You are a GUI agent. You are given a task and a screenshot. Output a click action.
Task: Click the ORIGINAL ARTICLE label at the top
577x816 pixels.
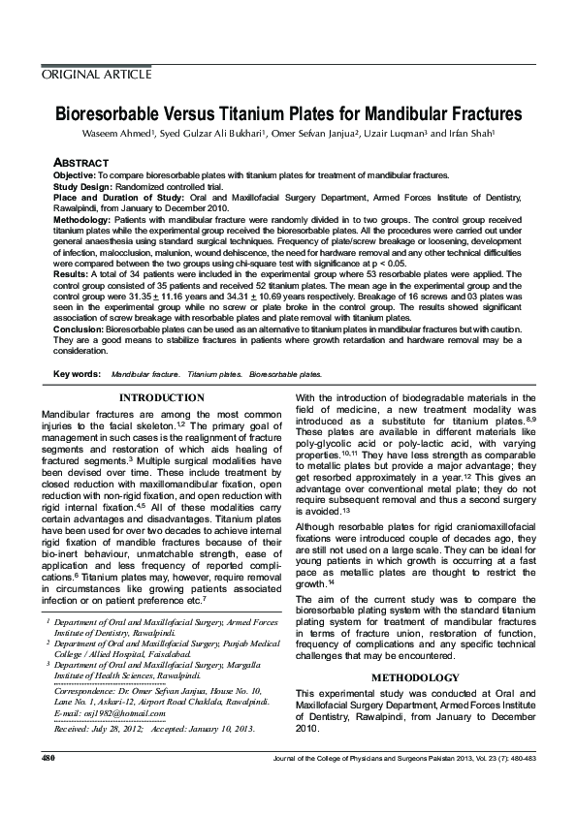(96, 75)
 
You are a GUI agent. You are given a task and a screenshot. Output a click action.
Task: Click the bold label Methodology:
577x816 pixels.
(81, 221)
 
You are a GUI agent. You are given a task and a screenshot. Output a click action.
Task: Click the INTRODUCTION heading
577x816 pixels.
(161, 397)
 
